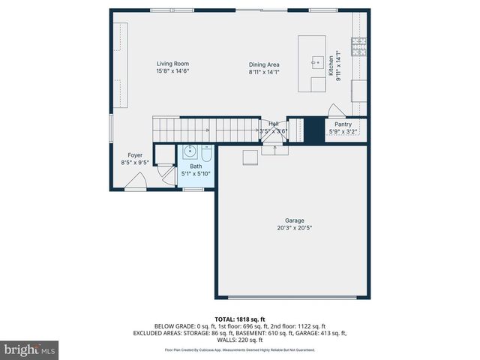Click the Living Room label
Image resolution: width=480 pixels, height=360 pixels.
tap(172, 64)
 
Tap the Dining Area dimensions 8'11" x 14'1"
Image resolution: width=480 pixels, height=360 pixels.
tap(264, 72)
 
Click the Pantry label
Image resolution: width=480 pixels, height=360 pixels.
tap(343, 124)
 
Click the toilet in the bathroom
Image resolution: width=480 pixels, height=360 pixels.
tap(205, 155)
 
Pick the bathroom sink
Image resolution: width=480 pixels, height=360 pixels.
tap(188, 154)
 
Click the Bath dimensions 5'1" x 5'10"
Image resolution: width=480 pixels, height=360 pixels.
tap(196, 173)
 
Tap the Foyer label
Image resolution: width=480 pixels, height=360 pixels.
tap(135, 155)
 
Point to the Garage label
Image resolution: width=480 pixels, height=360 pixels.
tap(294, 220)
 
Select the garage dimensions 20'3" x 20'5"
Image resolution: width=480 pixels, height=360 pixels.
tap(294, 228)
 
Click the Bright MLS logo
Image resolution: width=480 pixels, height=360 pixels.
tap(30, 349)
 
